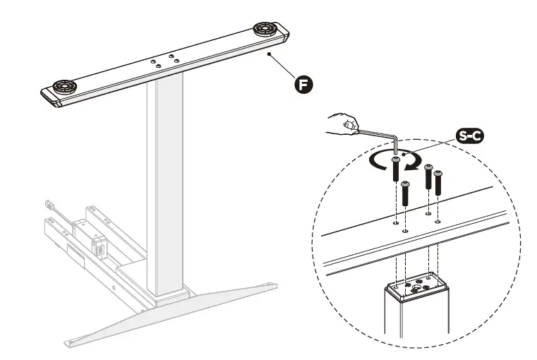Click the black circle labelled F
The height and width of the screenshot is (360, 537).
[303, 85]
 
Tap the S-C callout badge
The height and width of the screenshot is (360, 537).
[469, 136]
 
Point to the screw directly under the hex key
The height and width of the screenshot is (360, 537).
[396, 170]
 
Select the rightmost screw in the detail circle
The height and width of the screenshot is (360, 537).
[438, 183]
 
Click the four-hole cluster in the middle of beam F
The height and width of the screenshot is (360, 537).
[164, 61]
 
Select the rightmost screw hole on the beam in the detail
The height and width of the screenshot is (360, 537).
[438, 221]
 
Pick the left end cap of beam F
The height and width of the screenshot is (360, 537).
[49, 97]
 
